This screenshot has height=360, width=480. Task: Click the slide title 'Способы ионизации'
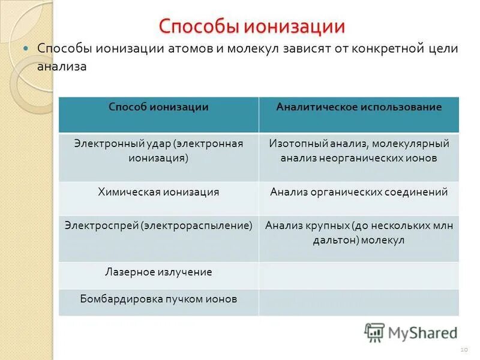[x=251, y=26]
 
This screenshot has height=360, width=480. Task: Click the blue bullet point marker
[x=26, y=49]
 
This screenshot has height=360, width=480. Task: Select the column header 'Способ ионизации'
[x=158, y=107]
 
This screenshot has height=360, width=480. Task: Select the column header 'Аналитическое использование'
[x=359, y=107]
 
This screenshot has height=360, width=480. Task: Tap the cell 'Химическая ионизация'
[x=158, y=192]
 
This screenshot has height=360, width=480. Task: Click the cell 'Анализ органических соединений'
[x=359, y=192]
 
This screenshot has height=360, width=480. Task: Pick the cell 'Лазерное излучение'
[x=158, y=272]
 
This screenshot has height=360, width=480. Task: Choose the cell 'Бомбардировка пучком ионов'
[x=158, y=298]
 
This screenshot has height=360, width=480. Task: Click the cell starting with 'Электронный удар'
[x=158, y=151]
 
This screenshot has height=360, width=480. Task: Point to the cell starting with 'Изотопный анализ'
[x=359, y=151]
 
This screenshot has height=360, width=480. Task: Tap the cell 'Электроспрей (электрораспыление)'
[x=158, y=226]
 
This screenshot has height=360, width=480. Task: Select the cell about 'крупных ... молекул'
[x=359, y=233]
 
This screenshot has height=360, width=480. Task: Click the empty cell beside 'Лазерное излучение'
[x=359, y=275]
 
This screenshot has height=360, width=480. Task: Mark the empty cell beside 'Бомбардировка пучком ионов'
[x=359, y=302]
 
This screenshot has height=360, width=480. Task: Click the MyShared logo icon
[x=374, y=332]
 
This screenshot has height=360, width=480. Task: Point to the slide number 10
[x=463, y=349]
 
